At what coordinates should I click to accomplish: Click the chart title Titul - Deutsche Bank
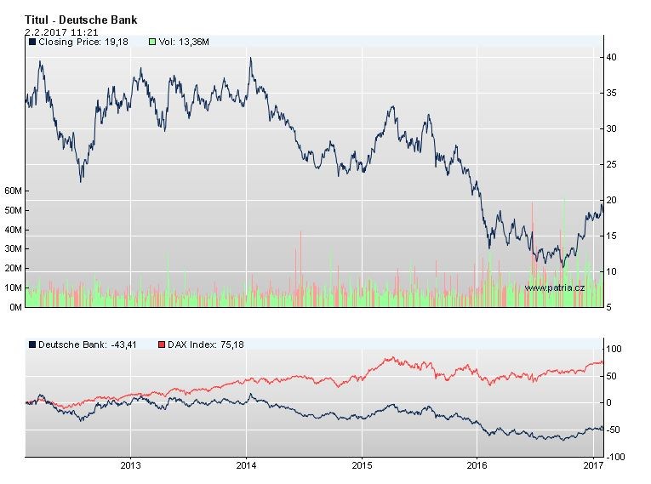point(81,20)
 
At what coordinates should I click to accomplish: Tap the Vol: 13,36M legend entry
point(180,41)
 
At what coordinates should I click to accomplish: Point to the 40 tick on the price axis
point(611,57)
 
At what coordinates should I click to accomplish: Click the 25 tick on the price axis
point(611,164)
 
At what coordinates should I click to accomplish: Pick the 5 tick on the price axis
point(608,307)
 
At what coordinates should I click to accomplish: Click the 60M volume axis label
point(13,191)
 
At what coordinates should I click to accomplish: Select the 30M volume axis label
point(13,249)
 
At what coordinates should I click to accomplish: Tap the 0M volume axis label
point(14,307)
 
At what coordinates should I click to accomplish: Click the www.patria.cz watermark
point(554,288)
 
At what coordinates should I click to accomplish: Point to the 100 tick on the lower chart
point(613,349)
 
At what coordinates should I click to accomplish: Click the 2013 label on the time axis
point(130,466)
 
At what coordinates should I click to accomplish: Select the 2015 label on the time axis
point(362,466)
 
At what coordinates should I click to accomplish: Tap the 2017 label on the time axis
point(593,466)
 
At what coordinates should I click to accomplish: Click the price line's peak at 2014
point(250,59)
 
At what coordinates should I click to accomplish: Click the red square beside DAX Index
point(162,344)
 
